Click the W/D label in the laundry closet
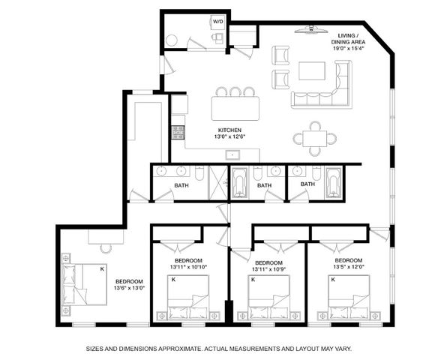pos(217,22)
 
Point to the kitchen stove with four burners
pos(178,133)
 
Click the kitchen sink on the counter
pos(232,154)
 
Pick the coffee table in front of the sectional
pos(312,70)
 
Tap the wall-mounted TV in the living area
pos(310,31)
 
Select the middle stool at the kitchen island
pos(235,91)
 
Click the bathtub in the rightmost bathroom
pos(333,183)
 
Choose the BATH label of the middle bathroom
pos(264,184)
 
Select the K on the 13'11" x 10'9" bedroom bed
pos(253,280)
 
